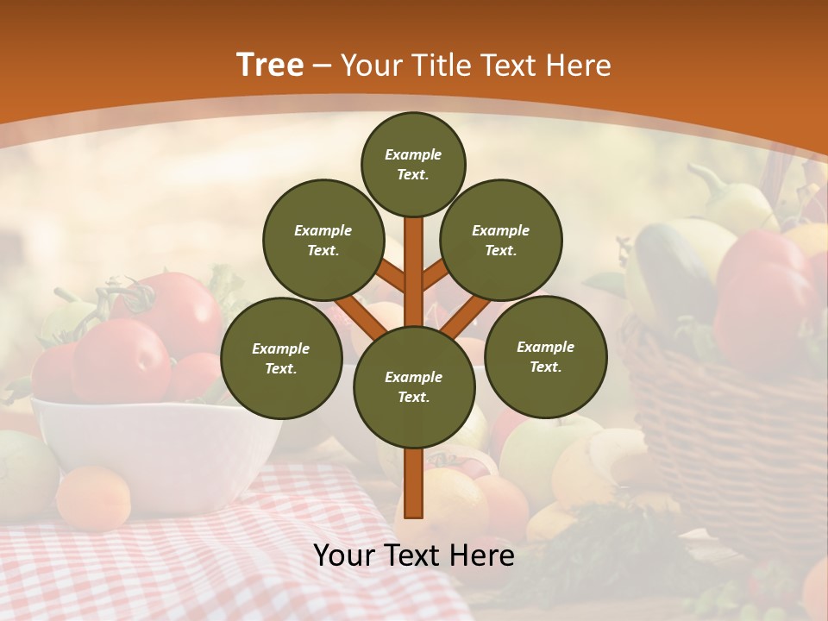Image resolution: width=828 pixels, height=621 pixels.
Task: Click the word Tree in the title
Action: pyautogui.click(x=270, y=65)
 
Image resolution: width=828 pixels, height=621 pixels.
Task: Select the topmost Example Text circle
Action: pyautogui.click(x=413, y=164)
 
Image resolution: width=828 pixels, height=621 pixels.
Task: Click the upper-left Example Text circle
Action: pyautogui.click(x=323, y=240)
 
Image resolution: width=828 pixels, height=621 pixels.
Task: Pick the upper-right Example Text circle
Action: pyautogui.click(x=501, y=240)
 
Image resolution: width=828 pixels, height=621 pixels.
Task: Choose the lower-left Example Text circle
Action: pyautogui.click(x=281, y=358)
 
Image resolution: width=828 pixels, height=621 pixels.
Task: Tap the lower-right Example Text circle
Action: pyautogui.click(x=546, y=356)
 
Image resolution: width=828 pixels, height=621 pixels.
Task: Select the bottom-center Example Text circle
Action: pyautogui.click(x=414, y=386)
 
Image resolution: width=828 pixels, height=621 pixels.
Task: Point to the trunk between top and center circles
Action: pyautogui.click(x=414, y=259)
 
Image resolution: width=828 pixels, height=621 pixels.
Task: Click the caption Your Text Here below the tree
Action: pyautogui.click(x=414, y=555)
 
